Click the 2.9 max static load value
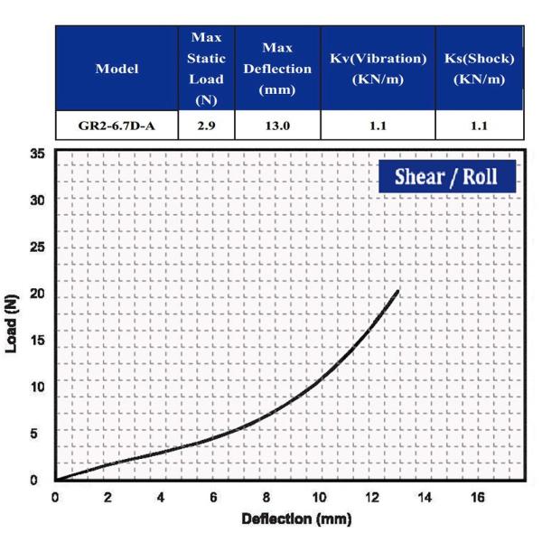(x=206, y=126)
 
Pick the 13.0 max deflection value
(x=277, y=126)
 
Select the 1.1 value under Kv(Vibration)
(x=378, y=126)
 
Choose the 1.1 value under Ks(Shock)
(x=479, y=126)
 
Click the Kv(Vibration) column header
(x=378, y=69)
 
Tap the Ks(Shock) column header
(x=479, y=69)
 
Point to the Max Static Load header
(x=206, y=69)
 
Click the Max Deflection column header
(x=277, y=69)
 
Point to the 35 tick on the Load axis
(x=38, y=154)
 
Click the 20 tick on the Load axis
(x=38, y=294)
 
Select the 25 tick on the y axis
(x=38, y=248)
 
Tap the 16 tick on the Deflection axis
(x=478, y=498)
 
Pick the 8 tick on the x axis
(x=266, y=498)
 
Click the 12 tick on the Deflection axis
(x=372, y=498)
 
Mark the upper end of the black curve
(x=397, y=291)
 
